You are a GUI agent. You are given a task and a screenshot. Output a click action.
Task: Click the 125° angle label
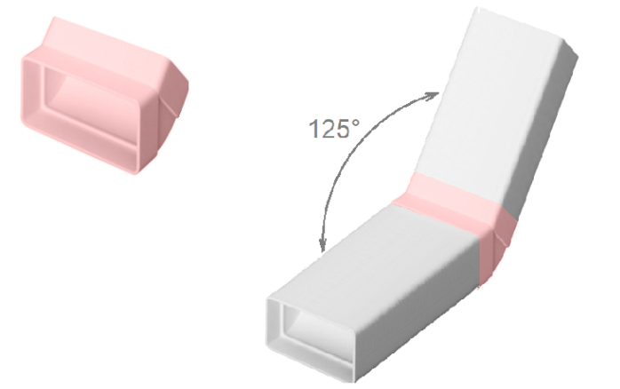[334, 129]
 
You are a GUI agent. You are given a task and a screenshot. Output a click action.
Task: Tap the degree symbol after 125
[355, 123]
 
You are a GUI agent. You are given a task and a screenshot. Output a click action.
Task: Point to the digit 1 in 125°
[314, 129]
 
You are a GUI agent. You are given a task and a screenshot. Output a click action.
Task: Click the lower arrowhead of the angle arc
[323, 244]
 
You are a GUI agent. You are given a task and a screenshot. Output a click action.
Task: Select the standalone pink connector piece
[105, 96]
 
